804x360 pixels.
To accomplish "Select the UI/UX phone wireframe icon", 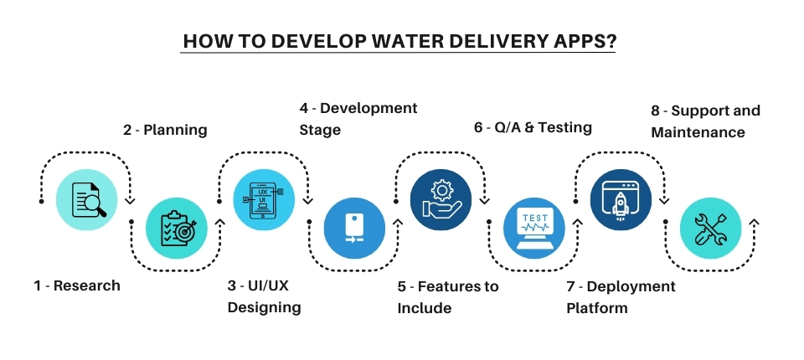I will click(264, 202).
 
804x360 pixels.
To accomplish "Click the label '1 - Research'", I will click(77, 285).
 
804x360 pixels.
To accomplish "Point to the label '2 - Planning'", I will click(165, 130).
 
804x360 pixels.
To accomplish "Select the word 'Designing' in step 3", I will click(264, 307).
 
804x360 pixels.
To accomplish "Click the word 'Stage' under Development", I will click(320, 130).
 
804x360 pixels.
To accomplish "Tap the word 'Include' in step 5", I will click(425, 308).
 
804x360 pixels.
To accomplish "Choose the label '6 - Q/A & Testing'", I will click(533, 127).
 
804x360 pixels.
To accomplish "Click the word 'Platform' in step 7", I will click(597, 308).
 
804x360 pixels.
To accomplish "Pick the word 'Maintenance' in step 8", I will click(698, 132).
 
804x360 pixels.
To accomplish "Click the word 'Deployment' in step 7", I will click(630, 286).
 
